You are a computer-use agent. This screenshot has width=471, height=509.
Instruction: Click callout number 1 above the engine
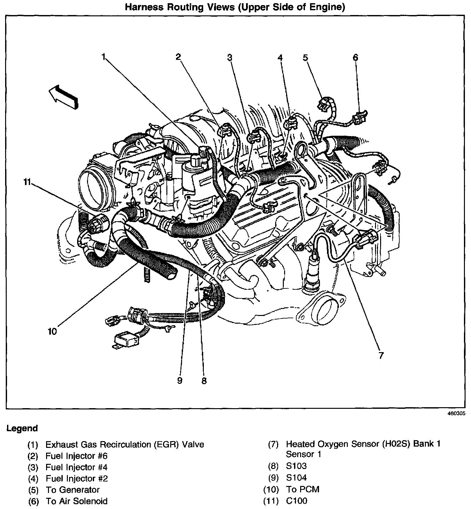pos(103,57)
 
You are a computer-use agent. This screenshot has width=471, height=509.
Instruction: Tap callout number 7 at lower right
pos(380,355)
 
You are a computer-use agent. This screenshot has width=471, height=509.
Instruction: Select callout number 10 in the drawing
pos(52,331)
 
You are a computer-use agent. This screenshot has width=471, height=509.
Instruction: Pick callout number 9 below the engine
pos(180,380)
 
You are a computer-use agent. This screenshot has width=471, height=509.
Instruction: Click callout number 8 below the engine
pos(204,381)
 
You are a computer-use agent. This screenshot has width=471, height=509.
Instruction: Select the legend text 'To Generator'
pos(73,490)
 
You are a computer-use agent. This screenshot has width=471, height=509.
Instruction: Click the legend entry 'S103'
pos(296,466)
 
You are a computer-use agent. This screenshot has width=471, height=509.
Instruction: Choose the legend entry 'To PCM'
pos(303,489)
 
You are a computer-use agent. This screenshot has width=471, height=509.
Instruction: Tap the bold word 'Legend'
pos(22,428)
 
